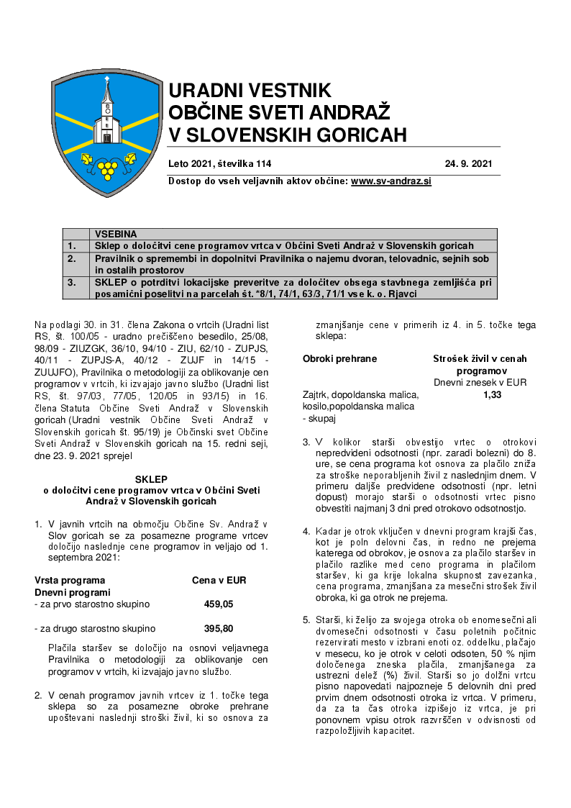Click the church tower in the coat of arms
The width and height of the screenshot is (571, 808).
click(106, 108)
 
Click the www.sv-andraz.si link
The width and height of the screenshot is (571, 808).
click(390, 181)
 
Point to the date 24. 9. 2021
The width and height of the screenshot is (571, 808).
click(468, 164)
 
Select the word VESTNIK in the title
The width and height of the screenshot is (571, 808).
click(289, 91)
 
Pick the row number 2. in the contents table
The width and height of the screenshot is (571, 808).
click(72, 257)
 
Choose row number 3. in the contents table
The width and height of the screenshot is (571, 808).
click(72, 283)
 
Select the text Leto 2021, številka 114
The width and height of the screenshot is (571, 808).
click(220, 164)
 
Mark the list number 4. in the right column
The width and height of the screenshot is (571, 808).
click(306, 532)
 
